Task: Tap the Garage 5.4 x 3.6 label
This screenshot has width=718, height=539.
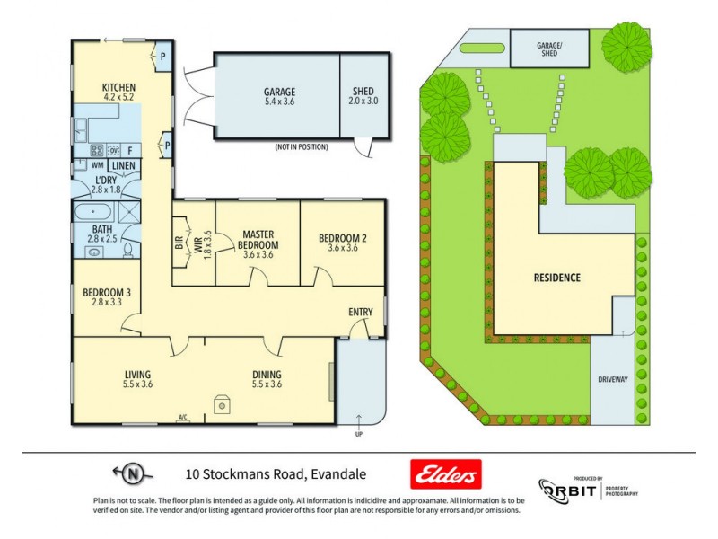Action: click(279, 97)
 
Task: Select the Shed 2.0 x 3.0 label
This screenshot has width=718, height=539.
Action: click(363, 97)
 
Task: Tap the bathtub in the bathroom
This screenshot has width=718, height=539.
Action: click(94, 214)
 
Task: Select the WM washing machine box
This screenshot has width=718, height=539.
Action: click(96, 165)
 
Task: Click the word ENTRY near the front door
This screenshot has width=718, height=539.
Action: click(360, 313)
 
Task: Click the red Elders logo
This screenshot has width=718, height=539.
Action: click(445, 473)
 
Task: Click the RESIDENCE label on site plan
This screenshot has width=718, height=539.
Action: click(556, 278)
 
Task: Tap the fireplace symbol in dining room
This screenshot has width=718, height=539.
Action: click(221, 405)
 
